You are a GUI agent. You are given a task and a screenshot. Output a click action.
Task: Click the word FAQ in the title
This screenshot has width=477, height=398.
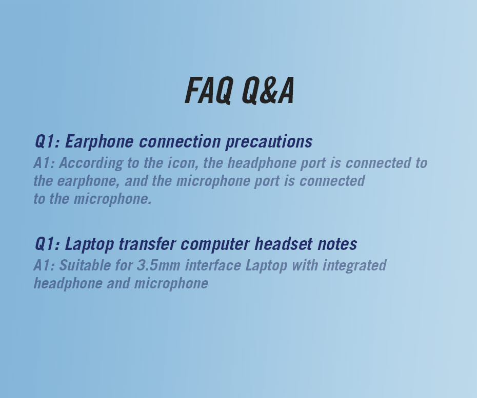click(x=209, y=91)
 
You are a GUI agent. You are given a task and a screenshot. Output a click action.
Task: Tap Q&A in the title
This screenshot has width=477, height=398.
click(x=268, y=91)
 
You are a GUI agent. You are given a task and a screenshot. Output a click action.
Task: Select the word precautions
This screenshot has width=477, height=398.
click(x=269, y=142)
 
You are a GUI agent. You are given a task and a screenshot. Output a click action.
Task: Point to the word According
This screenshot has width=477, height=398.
click(x=91, y=163)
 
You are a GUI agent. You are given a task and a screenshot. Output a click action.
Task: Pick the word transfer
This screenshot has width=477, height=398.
click(x=147, y=244)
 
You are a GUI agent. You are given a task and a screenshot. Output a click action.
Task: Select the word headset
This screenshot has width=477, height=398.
click(x=284, y=244)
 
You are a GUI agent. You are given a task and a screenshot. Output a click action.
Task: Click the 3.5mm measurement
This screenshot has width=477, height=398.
click(x=158, y=265)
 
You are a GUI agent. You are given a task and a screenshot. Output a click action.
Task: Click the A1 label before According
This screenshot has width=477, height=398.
click(x=44, y=163)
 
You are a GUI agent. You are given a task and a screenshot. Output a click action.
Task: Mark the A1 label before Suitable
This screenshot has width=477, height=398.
click(x=44, y=265)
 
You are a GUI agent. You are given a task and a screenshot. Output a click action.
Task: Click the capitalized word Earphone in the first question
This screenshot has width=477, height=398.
click(x=99, y=142)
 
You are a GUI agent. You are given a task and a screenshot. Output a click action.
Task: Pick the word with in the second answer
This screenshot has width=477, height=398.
click(x=305, y=265)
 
